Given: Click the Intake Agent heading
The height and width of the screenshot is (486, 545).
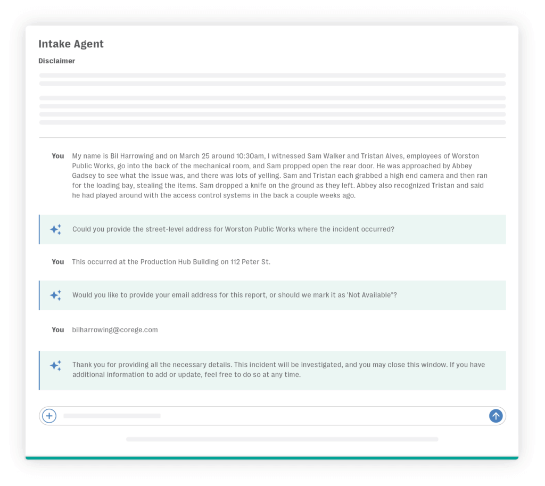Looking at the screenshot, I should pos(71,44).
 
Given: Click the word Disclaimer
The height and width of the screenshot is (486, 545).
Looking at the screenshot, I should pos(56,61).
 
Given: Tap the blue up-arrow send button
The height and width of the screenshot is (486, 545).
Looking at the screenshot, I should pos(496,416).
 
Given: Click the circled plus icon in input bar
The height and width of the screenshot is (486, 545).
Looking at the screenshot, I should pos(49,416).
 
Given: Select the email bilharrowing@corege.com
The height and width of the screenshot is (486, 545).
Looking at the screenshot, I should pos(115,330).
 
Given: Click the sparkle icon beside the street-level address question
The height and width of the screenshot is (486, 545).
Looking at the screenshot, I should pos(55,229).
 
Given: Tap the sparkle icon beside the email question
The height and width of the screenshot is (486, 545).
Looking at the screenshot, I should pos(55,295).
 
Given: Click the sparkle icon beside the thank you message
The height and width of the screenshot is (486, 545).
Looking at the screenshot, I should pos(55,366).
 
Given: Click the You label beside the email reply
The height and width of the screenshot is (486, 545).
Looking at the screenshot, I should pos(57,330).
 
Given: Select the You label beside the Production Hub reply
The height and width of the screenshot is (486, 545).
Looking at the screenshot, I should pos(57,262).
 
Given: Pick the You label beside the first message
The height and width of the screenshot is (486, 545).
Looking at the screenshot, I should pos(57,156).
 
